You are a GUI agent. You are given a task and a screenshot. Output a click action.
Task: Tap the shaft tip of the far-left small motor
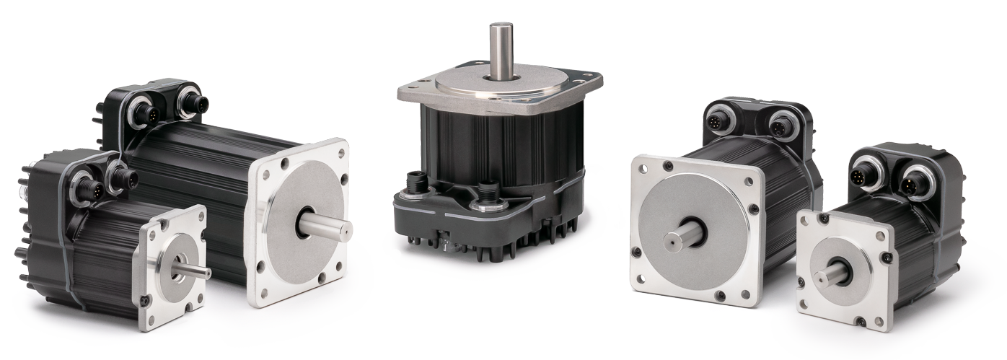click(x=206, y=273)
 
